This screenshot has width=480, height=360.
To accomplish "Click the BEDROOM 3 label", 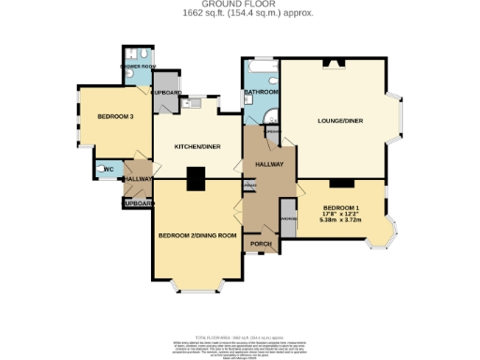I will [115, 116].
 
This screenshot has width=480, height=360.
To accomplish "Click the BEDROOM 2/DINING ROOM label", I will [196, 235].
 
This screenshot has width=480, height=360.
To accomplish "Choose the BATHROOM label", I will [262, 92].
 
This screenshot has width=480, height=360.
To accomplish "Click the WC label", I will [108, 170].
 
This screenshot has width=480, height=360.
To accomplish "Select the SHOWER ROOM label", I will [136, 67].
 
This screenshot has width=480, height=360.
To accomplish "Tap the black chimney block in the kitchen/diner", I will [196, 178].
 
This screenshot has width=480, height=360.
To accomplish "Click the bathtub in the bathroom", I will [260, 73].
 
